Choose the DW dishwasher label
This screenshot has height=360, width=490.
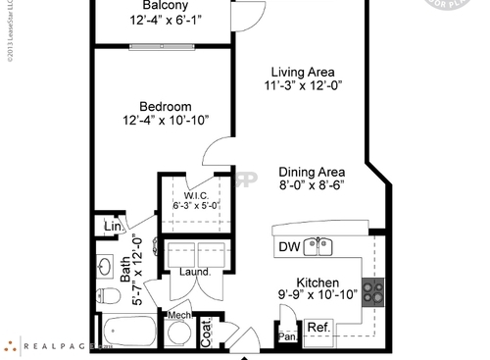point(289,246)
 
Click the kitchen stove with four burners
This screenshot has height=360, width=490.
point(372,290)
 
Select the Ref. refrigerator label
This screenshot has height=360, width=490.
point(318,328)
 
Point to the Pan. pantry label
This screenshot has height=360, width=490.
point(287,336)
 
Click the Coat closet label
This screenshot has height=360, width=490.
point(207,333)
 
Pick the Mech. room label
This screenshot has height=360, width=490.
point(178,315)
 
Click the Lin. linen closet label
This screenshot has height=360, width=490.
point(113,229)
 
